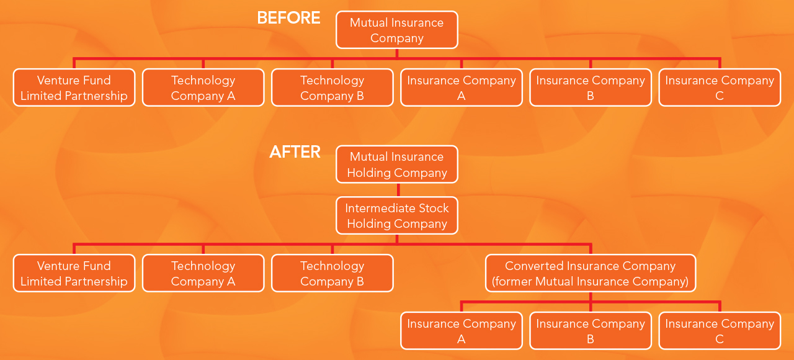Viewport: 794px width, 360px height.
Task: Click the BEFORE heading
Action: point(288,18)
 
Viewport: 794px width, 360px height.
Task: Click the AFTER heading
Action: point(295,152)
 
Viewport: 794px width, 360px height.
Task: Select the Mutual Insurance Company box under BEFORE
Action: point(396,30)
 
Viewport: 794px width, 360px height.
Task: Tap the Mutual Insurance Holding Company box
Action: point(396,164)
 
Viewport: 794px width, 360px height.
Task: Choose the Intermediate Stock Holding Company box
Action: point(396,215)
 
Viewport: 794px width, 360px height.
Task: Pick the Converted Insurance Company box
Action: point(590,274)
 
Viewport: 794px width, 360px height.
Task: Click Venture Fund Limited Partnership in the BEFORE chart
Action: point(74,88)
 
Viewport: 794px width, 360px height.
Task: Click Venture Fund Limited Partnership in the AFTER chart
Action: point(74,274)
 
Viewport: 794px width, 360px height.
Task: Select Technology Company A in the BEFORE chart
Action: point(203,88)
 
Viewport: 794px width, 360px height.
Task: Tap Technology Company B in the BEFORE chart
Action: point(332,88)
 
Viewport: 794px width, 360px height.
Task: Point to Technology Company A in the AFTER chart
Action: point(203,274)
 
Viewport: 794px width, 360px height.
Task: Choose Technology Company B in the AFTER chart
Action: point(332,274)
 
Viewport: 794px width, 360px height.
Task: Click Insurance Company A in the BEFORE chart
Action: point(461,88)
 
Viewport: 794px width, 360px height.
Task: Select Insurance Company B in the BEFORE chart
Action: point(590,88)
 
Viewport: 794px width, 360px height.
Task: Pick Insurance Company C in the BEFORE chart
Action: point(720,88)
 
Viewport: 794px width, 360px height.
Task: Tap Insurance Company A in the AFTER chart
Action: point(461,331)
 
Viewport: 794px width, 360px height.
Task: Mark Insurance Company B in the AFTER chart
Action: point(590,331)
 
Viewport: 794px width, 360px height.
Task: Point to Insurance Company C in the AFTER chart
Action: point(720,331)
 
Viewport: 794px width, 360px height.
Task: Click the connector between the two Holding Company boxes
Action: point(398,190)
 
